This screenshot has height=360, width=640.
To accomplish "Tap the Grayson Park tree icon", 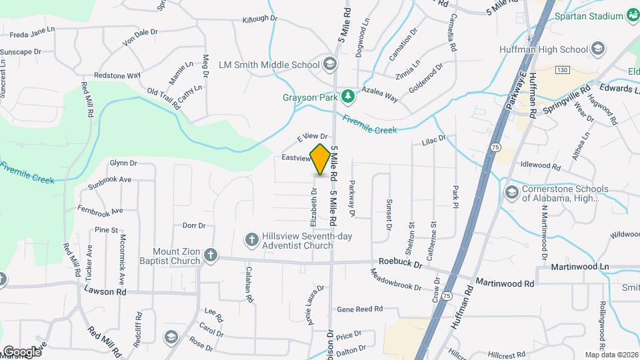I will pyautogui.click(x=347, y=97).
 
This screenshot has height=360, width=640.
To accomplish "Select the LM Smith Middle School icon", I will pyautogui.click(x=329, y=65).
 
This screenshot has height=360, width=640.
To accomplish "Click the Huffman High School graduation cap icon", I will pyautogui.click(x=598, y=49).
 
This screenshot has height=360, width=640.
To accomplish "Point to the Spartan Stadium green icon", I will pyautogui.click(x=633, y=16).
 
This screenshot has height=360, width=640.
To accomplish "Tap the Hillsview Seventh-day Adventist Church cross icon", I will pyautogui.click(x=251, y=239).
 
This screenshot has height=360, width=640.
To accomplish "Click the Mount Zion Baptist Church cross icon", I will pyautogui.click(x=210, y=255).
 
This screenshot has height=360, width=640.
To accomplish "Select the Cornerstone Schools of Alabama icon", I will pyautogui.click(x=511, y=193).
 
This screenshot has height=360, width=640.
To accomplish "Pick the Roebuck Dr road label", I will pyautogui.click(x=401, y=265).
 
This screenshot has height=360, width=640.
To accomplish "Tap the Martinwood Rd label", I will pyautogui.click(x=504, y=283).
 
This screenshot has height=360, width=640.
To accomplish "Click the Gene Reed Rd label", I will pyautogui.click(x=360, y=309).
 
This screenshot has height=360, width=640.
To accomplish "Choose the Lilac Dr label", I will pyautogui.click(x=433, y=141).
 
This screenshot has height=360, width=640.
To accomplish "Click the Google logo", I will pyautogui.click(x=22, y=351).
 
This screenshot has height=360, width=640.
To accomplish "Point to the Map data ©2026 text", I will pyautogui.click(x=611, y=355).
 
